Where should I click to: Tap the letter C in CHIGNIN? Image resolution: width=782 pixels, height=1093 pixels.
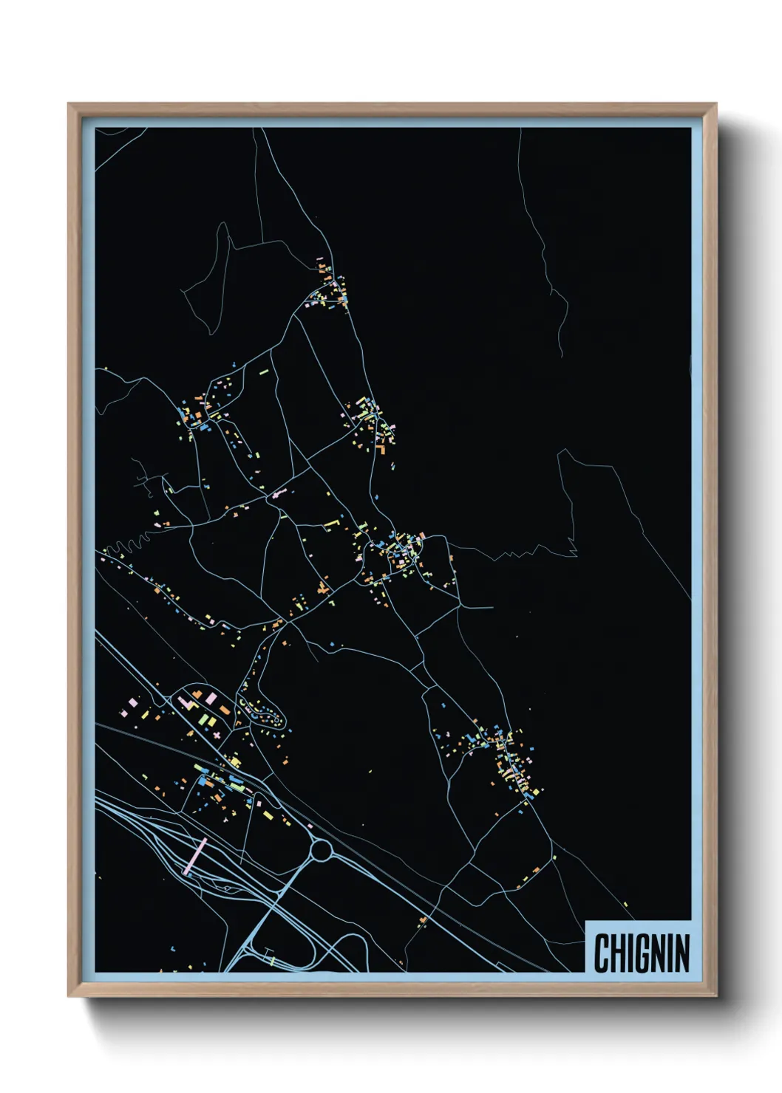click(601, 953)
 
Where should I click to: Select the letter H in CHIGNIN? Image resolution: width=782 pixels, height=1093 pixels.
click(617, 953)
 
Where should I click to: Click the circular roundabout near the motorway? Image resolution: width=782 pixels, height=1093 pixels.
click(322, 851)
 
